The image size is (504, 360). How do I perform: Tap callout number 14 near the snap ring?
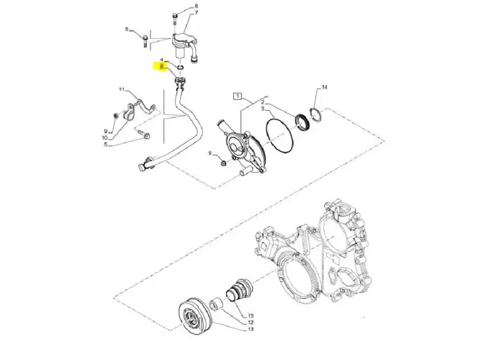pyautogui.click(x=324, y=87)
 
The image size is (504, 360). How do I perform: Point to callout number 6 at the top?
pyautogui.click(x=194, y=6)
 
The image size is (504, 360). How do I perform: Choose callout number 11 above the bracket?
pyautogui.click(x=122, y=90)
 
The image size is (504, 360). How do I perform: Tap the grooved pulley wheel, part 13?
pyautogui.click(x=194, y=317)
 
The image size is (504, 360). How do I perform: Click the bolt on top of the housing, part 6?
pyautogui.click(x=176, y=16)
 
